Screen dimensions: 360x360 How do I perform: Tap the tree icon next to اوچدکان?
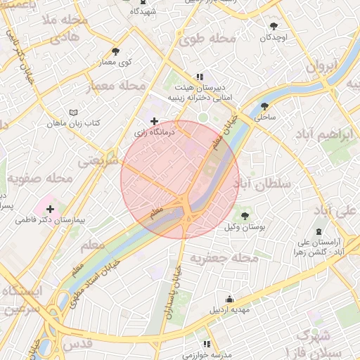274,27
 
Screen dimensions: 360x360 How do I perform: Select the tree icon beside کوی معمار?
115,51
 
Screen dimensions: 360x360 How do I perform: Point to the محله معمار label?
115,86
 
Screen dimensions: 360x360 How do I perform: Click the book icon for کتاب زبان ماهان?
74,112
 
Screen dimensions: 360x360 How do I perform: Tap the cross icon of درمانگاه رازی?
154,122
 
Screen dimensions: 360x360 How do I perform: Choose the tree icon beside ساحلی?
264,107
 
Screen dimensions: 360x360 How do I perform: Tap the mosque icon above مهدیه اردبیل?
229,298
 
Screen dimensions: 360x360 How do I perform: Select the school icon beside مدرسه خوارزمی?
207,344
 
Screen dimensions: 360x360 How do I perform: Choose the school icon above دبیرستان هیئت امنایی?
200,77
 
